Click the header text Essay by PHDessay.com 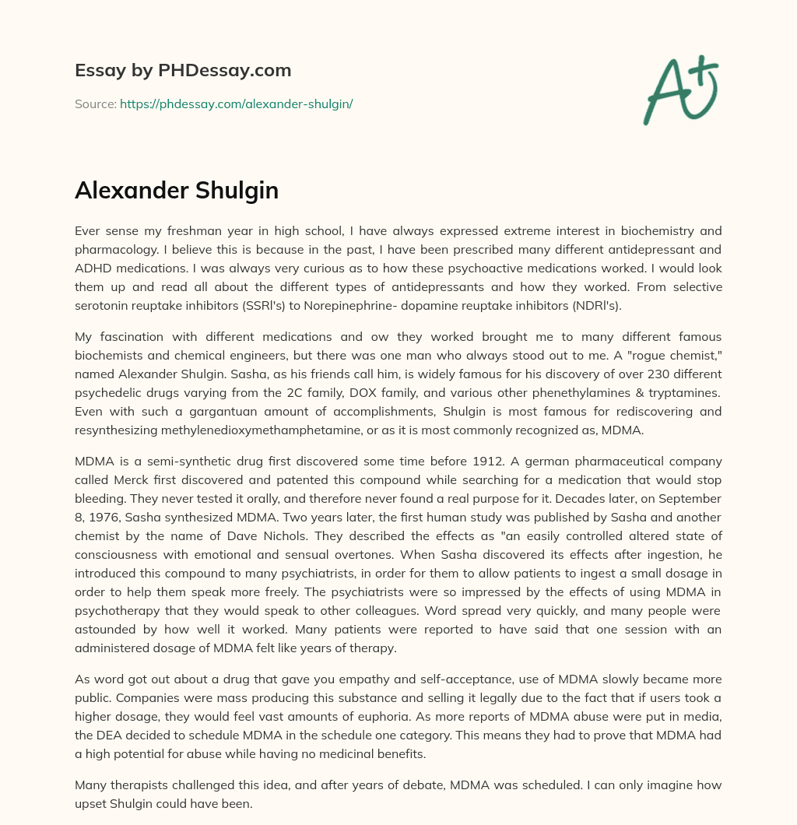pos(183,71)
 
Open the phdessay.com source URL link pos(236,104)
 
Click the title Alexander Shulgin pos(177,191)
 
